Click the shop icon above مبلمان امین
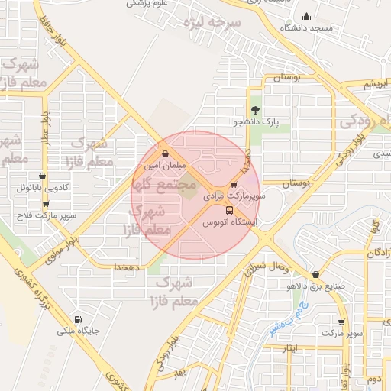(x=166, y=153)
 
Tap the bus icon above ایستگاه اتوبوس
(x=228, y=210)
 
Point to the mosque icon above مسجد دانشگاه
(x=307, y=17)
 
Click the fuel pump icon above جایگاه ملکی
(x=77, y=320)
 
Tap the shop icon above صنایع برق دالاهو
(x=315, y=275)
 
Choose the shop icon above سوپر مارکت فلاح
(x=45, y=204)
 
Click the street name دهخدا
(x=125, y=267)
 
